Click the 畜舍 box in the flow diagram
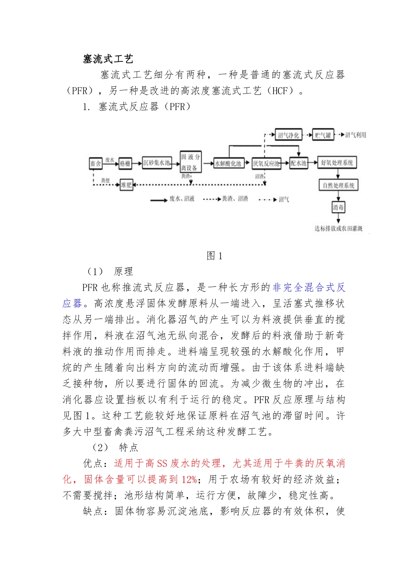coord(95,164)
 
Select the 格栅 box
coord(125,164)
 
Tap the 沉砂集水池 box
coord(157,163)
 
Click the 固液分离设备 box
coord(190,162)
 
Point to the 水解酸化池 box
coord(228,164)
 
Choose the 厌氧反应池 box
coord(266,164)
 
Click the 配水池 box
coord(298,163)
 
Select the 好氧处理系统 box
coord(337,163)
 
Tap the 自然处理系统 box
coord(338,185)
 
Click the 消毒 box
coord(338,207)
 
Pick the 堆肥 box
coord(126,185)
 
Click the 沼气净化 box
coord(288,135)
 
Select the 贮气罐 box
coord(323,135)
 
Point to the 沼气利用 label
coord(356,135)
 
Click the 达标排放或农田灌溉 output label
coord(338,228)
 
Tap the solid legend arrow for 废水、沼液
coord(159,200)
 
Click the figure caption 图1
coord(215,256)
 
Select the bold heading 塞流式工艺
coord(108,59)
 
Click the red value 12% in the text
coord(189,480)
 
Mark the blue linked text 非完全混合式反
coord(309,288)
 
